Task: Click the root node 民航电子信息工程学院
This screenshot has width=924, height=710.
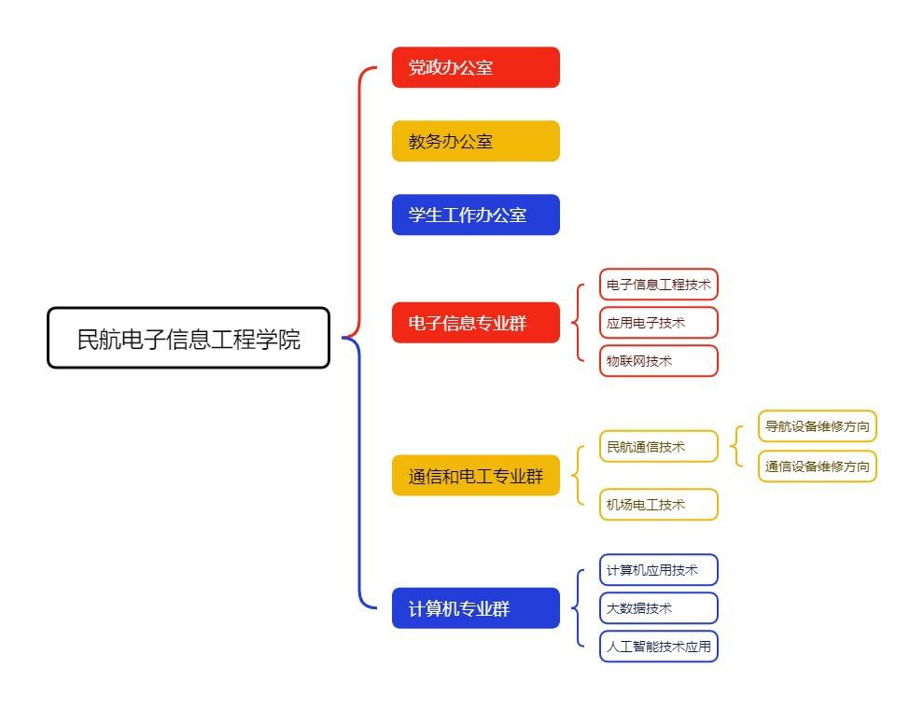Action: click(x=189, y=338)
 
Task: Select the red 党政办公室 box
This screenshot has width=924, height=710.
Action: click(x=475, y=67)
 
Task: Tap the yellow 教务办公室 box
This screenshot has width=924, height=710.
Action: click(x=475, y=141)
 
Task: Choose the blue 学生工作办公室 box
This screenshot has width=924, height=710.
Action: click(x=475, y=215)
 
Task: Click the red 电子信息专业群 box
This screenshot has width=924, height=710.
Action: click(x=475, y=323)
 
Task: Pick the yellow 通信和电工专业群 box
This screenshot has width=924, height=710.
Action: click(x=475, y=476)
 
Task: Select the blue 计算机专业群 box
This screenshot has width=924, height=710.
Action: click(x=475, y=608)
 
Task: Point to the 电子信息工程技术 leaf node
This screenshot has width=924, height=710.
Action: click(x=658, y=285)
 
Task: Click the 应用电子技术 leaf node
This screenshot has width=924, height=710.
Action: click(x=658, y=323)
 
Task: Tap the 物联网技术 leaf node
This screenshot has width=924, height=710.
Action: click(x=658, y=361)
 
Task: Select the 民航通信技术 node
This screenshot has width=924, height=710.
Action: click(x=658, y=447)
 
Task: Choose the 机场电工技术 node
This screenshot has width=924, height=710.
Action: click(x=658, y=505)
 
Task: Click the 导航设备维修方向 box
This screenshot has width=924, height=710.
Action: click(x=817, y=427)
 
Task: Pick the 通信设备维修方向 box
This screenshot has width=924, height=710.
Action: click(x=817, y=466)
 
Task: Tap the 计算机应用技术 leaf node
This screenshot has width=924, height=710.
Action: click(x=658, y=570)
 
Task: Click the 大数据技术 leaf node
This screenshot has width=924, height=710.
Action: click(x=658, y=608)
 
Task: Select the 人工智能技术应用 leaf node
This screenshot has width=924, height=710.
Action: click(x=658, y=647)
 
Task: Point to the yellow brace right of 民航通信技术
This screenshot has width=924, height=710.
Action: click(x=737, y=447)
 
